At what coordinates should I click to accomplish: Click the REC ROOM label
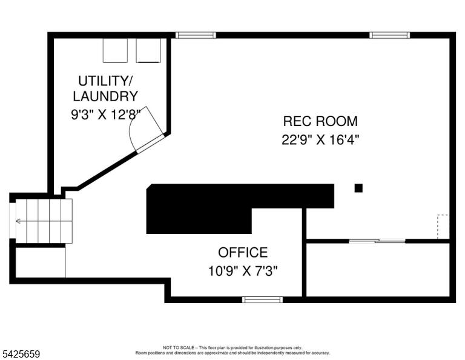320,121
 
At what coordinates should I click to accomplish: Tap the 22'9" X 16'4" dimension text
320,139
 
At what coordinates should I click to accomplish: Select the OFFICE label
243,253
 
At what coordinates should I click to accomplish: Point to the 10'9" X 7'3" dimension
243,271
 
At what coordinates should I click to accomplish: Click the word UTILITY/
105,81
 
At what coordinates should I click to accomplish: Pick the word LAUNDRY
105,96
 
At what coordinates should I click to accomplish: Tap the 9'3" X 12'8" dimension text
105,115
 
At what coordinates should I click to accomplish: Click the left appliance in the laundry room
115,50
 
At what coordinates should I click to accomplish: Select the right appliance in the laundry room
148,50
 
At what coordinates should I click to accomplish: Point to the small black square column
358,188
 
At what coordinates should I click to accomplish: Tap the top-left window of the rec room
196,35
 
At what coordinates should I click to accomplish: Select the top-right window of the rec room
390,35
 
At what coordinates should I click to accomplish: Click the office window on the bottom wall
262,300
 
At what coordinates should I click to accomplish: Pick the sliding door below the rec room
377,241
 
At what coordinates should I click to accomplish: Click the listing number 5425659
21,354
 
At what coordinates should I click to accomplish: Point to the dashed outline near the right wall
443,226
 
